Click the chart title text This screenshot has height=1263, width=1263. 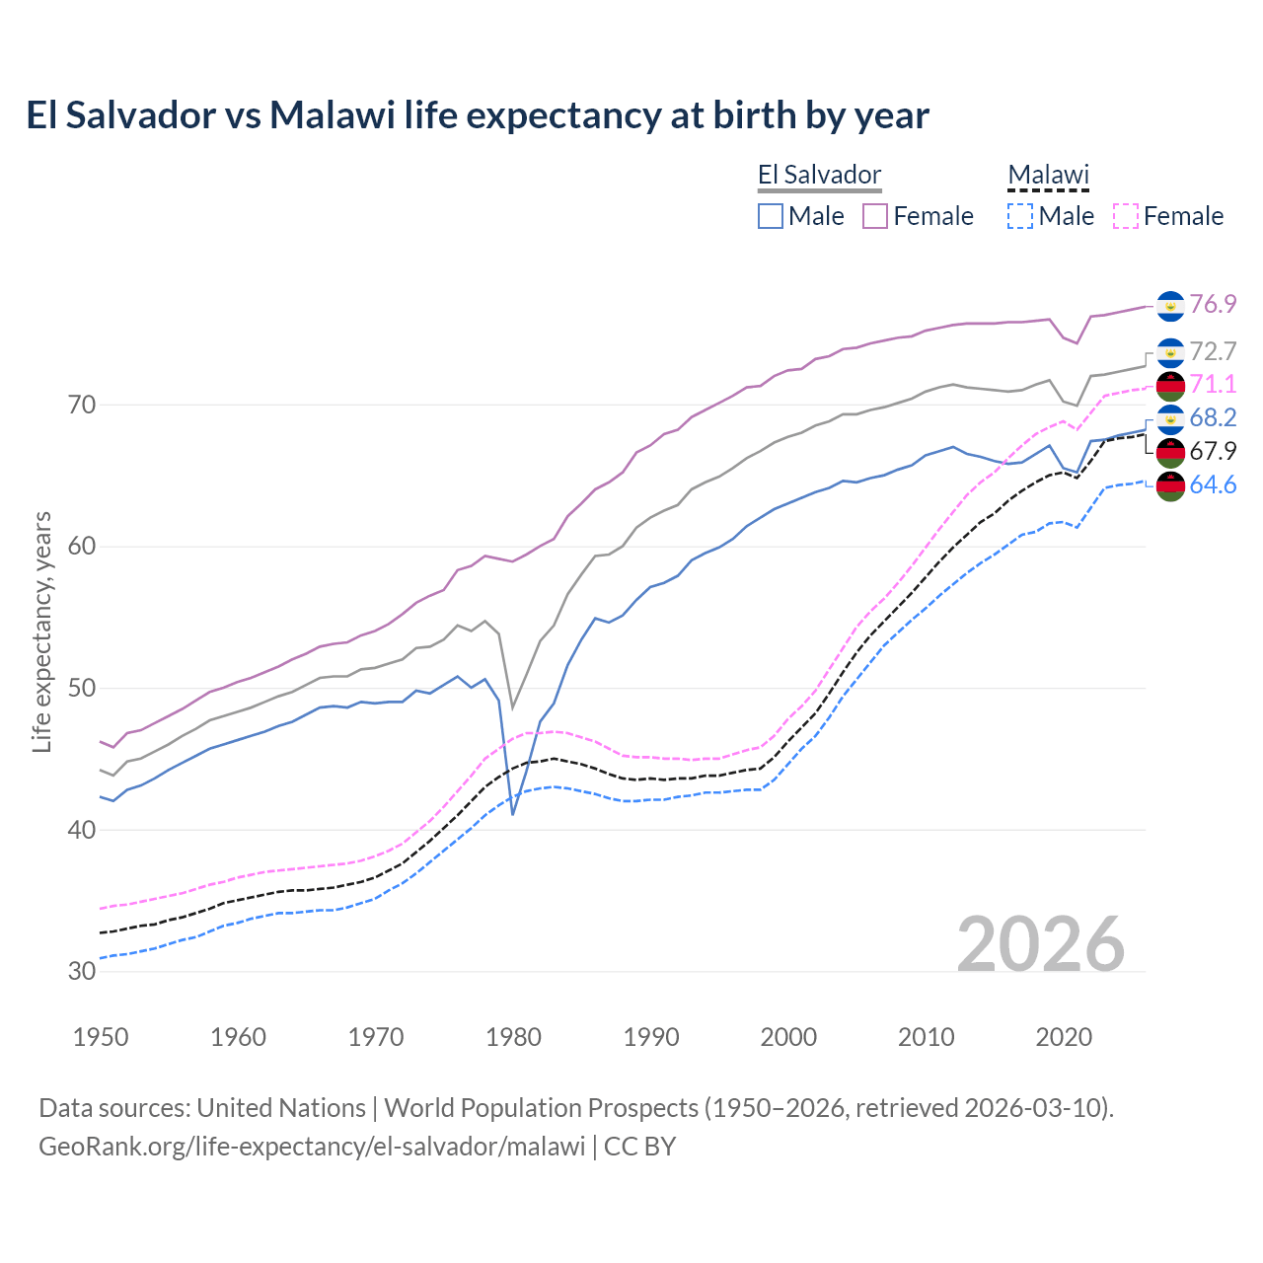478,115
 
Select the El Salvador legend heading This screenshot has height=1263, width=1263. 819,176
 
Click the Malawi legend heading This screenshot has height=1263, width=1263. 1048,176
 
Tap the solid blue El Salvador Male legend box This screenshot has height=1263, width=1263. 771,216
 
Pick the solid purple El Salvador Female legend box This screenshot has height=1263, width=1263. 875,216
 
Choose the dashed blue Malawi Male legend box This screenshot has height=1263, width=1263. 1020,216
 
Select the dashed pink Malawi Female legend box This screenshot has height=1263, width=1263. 1126,216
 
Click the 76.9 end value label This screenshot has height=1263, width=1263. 1213,304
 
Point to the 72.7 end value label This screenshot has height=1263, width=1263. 1213,351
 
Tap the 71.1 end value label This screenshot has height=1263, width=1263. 1213,384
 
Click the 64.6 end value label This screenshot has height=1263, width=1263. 1213,484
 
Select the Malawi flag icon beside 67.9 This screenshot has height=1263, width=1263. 1170,453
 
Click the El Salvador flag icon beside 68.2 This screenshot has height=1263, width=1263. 1170,419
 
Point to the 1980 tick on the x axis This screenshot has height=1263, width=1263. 514,1037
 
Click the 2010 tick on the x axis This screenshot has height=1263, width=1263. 926,1037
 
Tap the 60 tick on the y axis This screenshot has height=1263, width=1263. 82,547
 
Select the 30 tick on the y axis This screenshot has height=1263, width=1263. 82,971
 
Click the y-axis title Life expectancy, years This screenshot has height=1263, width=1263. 41,631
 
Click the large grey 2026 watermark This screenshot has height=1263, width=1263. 1041,944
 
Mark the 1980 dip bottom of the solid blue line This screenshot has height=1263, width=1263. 513,813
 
